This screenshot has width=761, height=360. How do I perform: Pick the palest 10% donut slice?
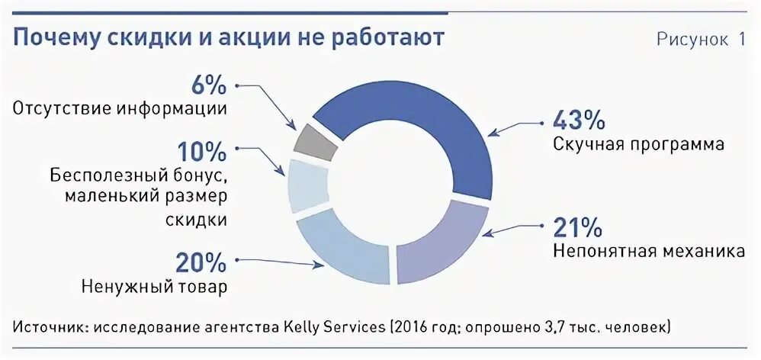pyautogui.click(x=307, y=185)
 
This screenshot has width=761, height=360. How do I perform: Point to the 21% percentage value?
pyautogui.click(x=577, y=226)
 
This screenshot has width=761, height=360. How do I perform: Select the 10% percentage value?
pyautogui.click(x=202, y=151)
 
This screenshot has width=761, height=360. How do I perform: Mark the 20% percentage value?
pyautogui.click(x=201, y=262)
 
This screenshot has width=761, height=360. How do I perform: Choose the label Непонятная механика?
pyautogui.click(x=649, y=251)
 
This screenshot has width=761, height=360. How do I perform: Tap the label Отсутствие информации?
pyautogui.click(x=120, y=108)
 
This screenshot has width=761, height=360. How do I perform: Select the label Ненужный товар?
pyautogui.click(x=154, y=288)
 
